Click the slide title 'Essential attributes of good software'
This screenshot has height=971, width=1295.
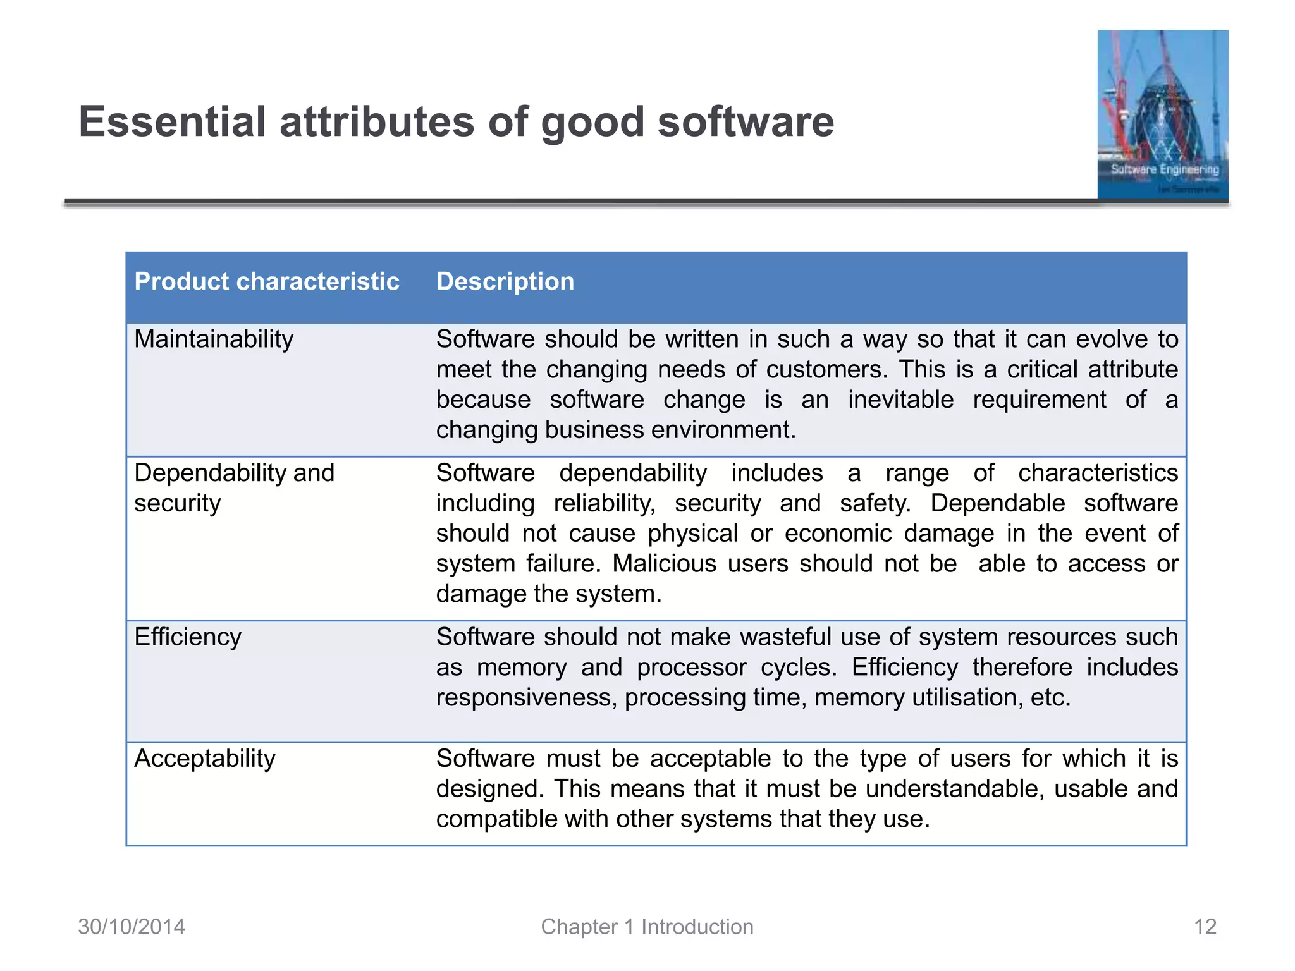click(456, 121)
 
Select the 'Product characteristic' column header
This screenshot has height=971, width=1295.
click(266, 281)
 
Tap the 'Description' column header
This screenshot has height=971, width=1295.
click(505, 281)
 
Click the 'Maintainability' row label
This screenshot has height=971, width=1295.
click(214, 339)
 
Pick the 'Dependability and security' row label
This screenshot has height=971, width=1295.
click(233, 487)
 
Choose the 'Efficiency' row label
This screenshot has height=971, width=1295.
click(188, 637)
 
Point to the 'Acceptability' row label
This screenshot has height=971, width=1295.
click(205, 758)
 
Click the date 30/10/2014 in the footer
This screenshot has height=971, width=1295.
click(132, 926)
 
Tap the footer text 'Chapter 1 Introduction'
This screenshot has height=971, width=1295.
click(647, 926)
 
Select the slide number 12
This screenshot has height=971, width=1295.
click(1205, 926)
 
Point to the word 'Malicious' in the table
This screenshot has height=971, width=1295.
click(664, 563)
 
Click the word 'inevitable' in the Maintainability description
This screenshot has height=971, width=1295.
click(900, 400)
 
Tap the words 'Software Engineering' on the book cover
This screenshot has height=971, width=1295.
click(1165, 169)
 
